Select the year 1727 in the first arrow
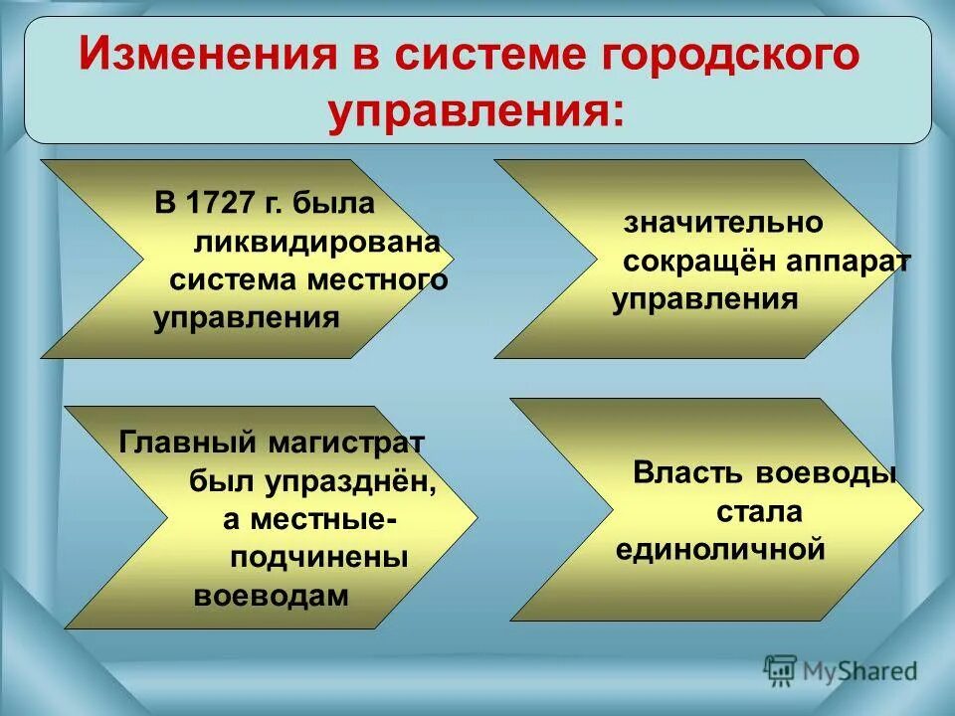[218, 204]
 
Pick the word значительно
[723, 222]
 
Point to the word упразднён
[352, 480]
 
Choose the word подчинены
[319, 558]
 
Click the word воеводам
[272, 597]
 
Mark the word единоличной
[720, 549]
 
